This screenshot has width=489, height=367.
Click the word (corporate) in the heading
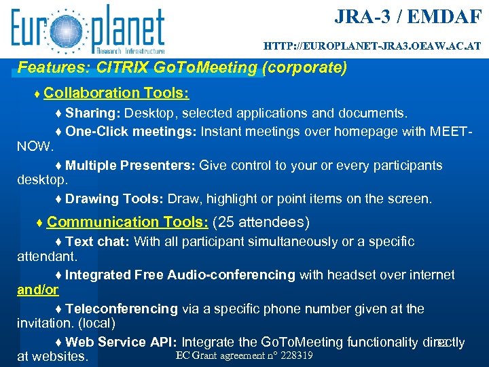pyautogui.click(x=307, y=68)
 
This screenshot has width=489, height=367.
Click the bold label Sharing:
pyautogui.click(x=93, y=112)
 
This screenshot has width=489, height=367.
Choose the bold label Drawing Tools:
pyautogui.click(x=115, y=199)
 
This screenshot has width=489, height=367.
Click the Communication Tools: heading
pyautogui.click(x=128, y=222)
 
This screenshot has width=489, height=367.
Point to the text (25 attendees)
pyautogui.click(x=261, y=222)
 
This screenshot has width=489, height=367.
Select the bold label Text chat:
pyautogui.click(x=98, y=241)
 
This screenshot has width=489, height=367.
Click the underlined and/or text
pyautogui.click(x=37, y=290)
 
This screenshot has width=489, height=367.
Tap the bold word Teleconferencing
pyautogui.click(x=122, y=309)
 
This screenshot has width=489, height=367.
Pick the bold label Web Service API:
pyautogui.click(x=122, y=342)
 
